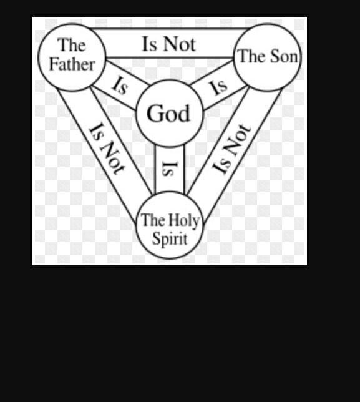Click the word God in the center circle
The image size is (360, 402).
point(168,113)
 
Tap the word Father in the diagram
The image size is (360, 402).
point(72,64)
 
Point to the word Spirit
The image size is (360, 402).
point(170,238)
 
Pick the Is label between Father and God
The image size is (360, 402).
point(120,86)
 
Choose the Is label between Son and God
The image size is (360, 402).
point(218,87)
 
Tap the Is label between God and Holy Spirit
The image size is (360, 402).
point(169,169)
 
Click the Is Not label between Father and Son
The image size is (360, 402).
point(169,44)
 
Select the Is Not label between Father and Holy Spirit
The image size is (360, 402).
point(106,149)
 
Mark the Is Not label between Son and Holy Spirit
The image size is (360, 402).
point(231,149)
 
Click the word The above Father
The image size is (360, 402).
point(72,45)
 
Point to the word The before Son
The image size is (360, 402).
point(253,56)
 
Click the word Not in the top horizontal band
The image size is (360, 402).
point(179,44)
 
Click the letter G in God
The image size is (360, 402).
point(154,113)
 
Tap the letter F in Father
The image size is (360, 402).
point(53,64)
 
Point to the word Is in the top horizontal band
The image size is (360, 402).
point(149,44)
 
